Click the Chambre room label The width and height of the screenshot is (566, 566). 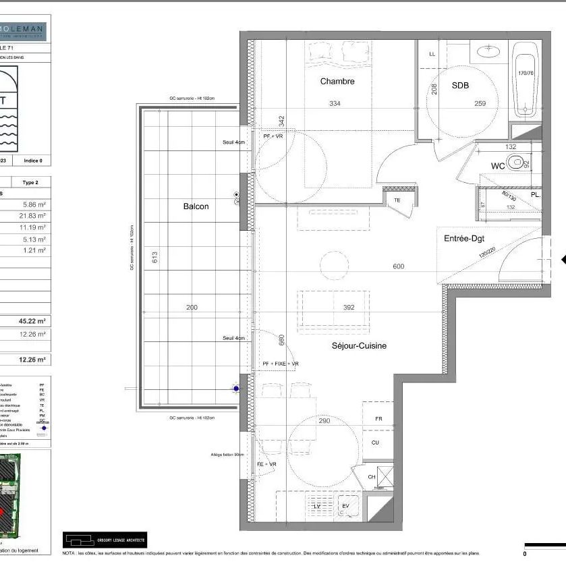(337, 82)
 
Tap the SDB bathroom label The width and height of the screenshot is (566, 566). (460, 86)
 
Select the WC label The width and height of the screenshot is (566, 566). (498, 165)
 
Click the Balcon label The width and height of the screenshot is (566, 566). (196, 206)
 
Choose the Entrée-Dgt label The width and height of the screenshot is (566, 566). (465, 239)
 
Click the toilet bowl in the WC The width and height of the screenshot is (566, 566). (517, 162)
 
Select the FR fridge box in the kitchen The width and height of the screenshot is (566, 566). (378, 419)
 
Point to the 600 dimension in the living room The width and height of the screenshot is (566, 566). (398, 266)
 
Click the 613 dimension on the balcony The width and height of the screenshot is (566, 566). (154, 257)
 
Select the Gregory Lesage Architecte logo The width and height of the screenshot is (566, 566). (105, 540)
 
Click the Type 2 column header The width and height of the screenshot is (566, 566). (31, 183)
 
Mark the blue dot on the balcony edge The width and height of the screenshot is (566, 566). (235, 389)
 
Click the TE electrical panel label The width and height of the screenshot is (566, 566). (397, 200)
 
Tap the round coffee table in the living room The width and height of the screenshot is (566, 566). (334, 265)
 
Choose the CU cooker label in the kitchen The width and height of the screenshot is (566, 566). (374, 443)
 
